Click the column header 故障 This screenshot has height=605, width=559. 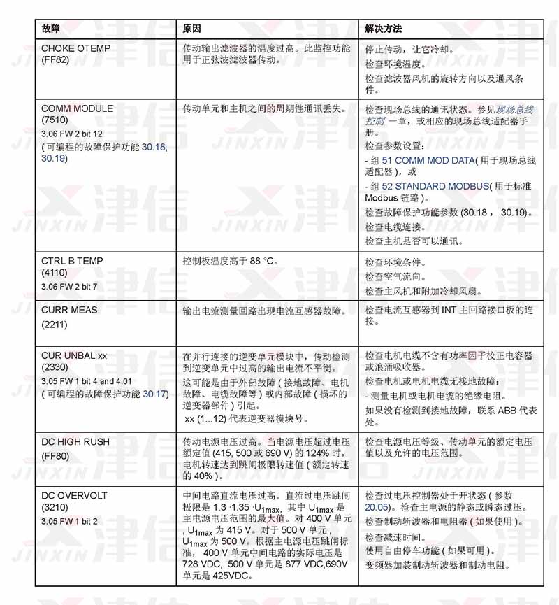pyautogui.click(x=50, y=29)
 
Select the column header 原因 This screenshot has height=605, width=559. pyautogui.click(x=192, y=29)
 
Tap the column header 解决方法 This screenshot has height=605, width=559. pyautogui.click(x=383, y=29)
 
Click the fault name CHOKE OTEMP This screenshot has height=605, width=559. pyautogui.click(x=75, y=49)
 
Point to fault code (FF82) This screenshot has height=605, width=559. pyautogui.click(x=55, y=60)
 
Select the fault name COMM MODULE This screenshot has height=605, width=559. pyautogui.click(x=77, y=109)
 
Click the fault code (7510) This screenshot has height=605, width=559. pyautogui.click(x=55, y=120)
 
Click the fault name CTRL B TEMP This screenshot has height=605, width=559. pyautogui.click(x=72, y=261)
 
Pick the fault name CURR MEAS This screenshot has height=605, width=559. pyautogui.click(x=69, y=310)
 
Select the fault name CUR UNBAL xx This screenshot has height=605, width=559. pyautogui.click(x=74, y=355)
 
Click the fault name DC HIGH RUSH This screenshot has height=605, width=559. pyautogui.click(x=75, y=442)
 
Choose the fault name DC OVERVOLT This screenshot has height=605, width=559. pyautogui.click(x=74, y=495)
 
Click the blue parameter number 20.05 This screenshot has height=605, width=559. pyautogui.click(x=377, y=507)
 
